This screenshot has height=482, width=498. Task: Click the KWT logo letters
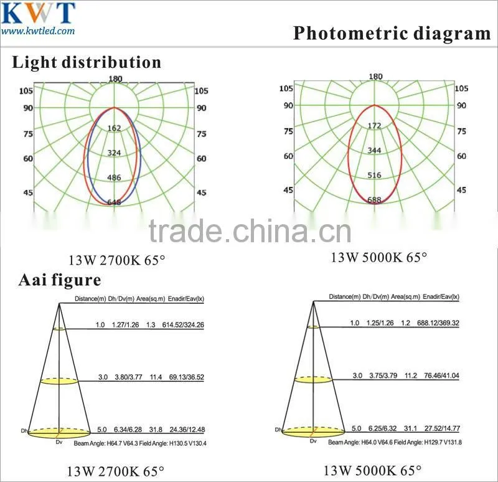38,12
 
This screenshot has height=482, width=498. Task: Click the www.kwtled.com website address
38,31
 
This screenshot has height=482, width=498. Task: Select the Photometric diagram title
392,34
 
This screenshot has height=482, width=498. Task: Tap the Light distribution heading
87,62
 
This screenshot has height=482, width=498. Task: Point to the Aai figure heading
60,280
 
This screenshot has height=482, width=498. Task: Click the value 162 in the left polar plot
114,128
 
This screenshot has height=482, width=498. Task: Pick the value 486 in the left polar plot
114,177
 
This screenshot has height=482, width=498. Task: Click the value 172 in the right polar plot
375,126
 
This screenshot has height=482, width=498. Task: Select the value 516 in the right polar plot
375,175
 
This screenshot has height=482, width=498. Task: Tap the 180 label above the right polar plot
376,77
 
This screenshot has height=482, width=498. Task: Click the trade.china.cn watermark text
250,231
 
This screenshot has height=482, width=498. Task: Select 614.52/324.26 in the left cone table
183,324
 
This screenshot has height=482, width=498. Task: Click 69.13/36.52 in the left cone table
186,377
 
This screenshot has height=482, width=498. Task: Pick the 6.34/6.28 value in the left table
128,430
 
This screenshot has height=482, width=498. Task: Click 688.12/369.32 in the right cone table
438,323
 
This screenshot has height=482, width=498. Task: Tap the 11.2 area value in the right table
411,376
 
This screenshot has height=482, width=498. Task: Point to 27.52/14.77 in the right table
442,428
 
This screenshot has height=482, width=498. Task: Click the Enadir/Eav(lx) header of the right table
441,297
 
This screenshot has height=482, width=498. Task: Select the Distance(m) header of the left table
90,299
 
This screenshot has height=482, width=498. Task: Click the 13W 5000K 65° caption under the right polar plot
379,257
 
